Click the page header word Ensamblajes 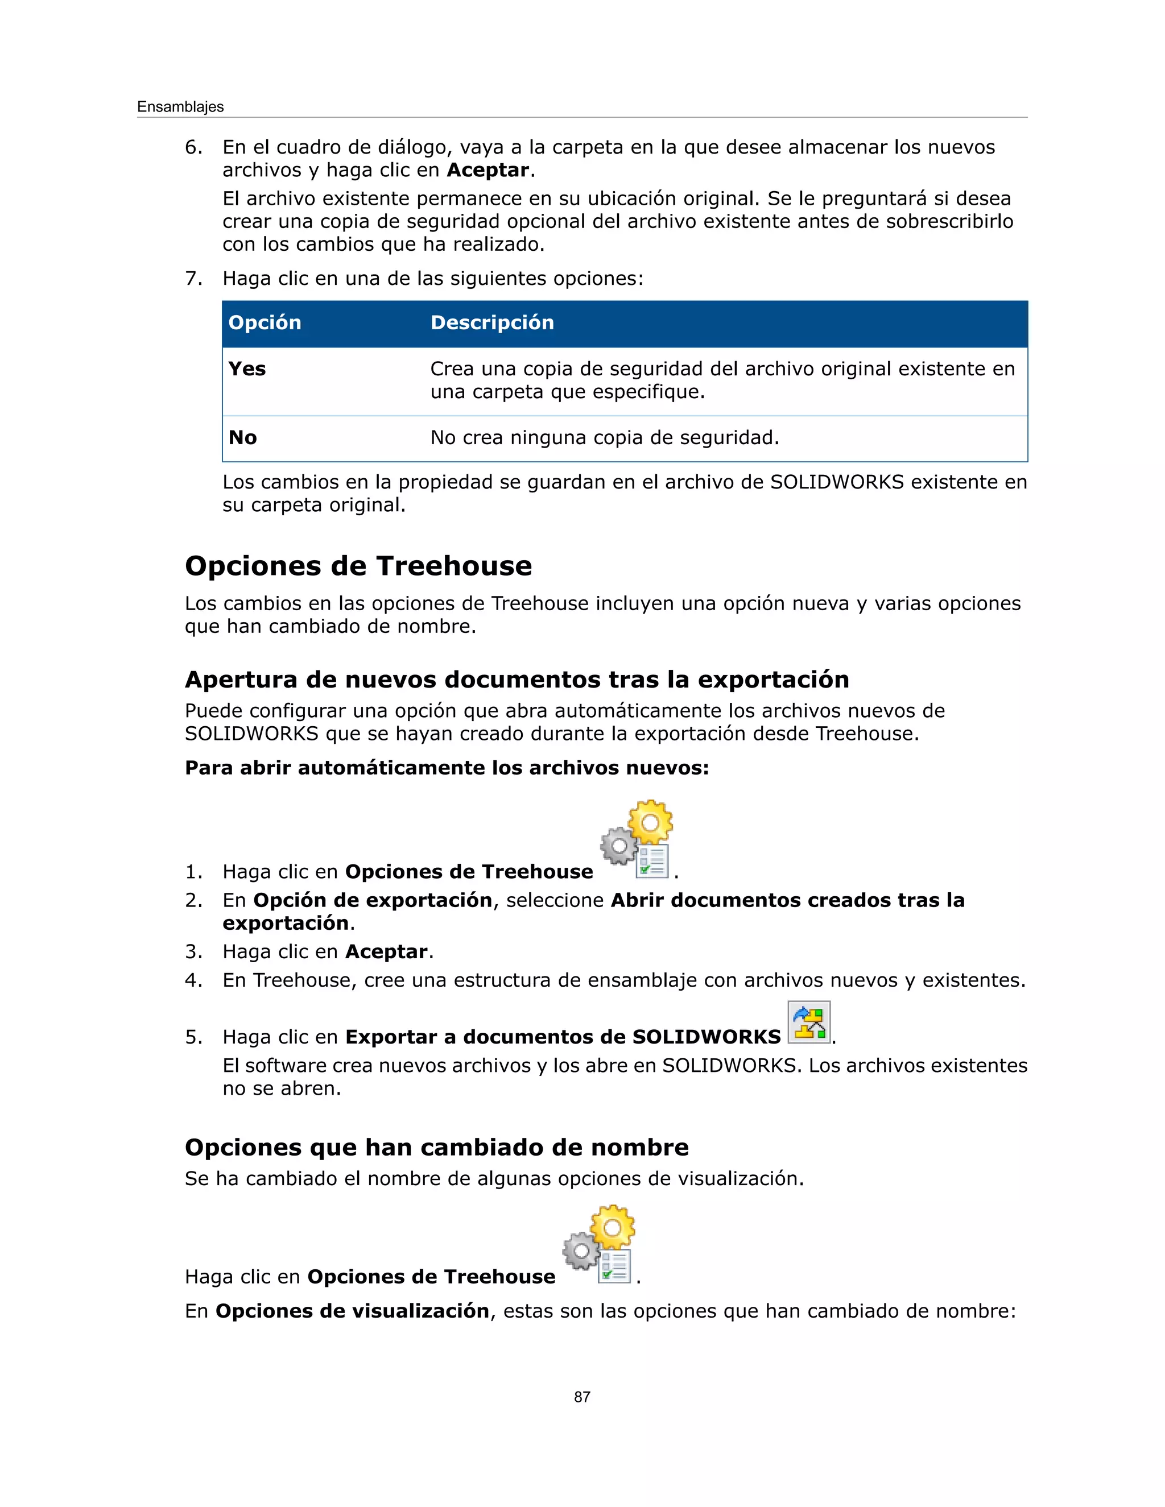(x=180, y=107)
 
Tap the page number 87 (x=582, y=1397)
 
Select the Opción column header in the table (x=265, y=323)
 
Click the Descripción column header (x=492, y=323)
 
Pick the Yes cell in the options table (x=247, y=369)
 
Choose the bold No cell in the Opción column (x=243, y=437)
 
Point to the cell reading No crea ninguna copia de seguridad (x=605, y=437)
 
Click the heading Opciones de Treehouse (x=358, y=566)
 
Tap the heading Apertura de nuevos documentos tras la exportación (x=517, y=680)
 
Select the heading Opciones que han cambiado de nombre (x=437, y=1148)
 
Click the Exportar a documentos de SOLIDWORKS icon (x=809, y=1022)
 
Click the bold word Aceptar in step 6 (x=488, y=171)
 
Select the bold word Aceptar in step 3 (x=386, y=952)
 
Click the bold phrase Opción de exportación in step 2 (x=373, y=900)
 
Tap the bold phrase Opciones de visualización (x=353, y=1311)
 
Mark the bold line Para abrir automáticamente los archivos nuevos (x=447, y=768)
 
